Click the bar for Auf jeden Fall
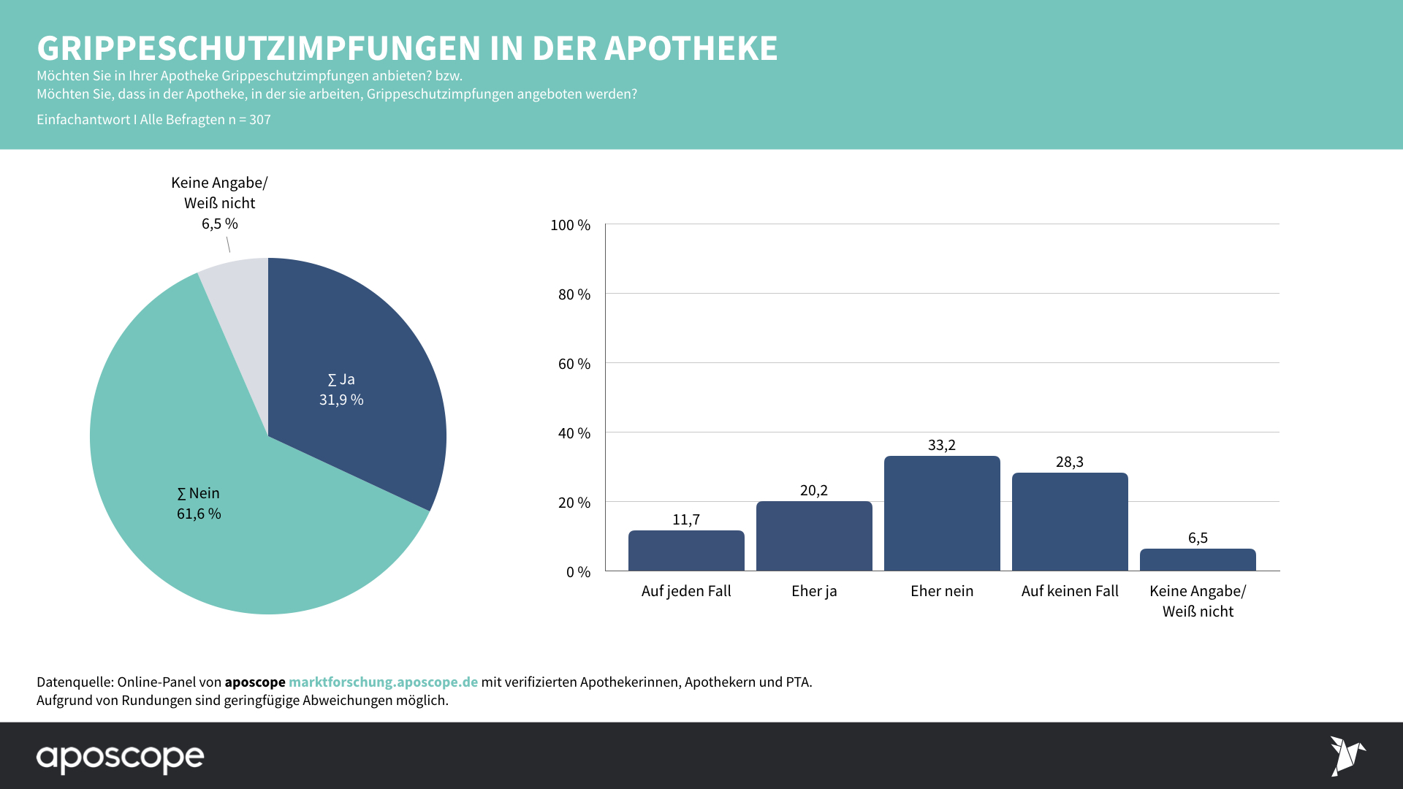pos(686,551)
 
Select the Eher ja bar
pos(814,536)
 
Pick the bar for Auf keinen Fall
pos(1070,522)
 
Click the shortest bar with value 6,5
pos(1198,560)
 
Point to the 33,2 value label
pos(942,445)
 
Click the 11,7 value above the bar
pos(686,519)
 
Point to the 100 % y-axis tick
pos(570,225)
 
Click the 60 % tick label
pos(574,364)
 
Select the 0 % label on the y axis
pos(578,572)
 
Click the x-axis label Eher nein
pos(942,591)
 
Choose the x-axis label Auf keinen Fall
pos(1070,591)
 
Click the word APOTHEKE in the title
pos(691,48)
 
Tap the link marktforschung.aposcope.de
pos(383,682)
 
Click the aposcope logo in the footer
pos(121,758)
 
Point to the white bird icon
pos(1347,756)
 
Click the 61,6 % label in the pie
pos(199,514)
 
